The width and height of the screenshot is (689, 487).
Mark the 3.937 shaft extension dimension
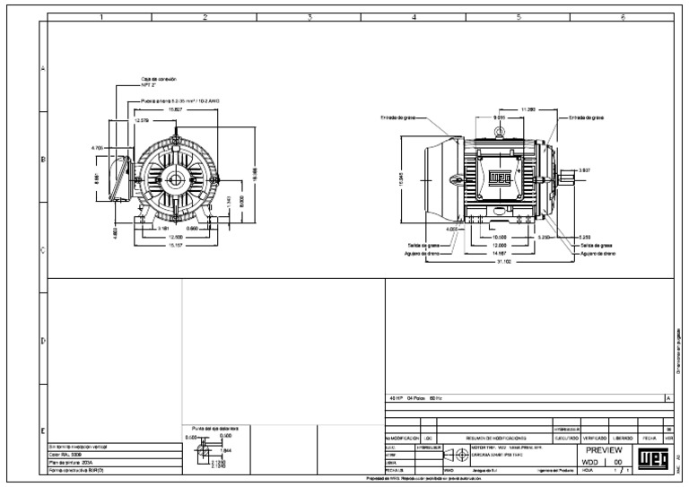(585, 170)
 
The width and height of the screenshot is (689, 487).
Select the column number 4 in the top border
(414, 16)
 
